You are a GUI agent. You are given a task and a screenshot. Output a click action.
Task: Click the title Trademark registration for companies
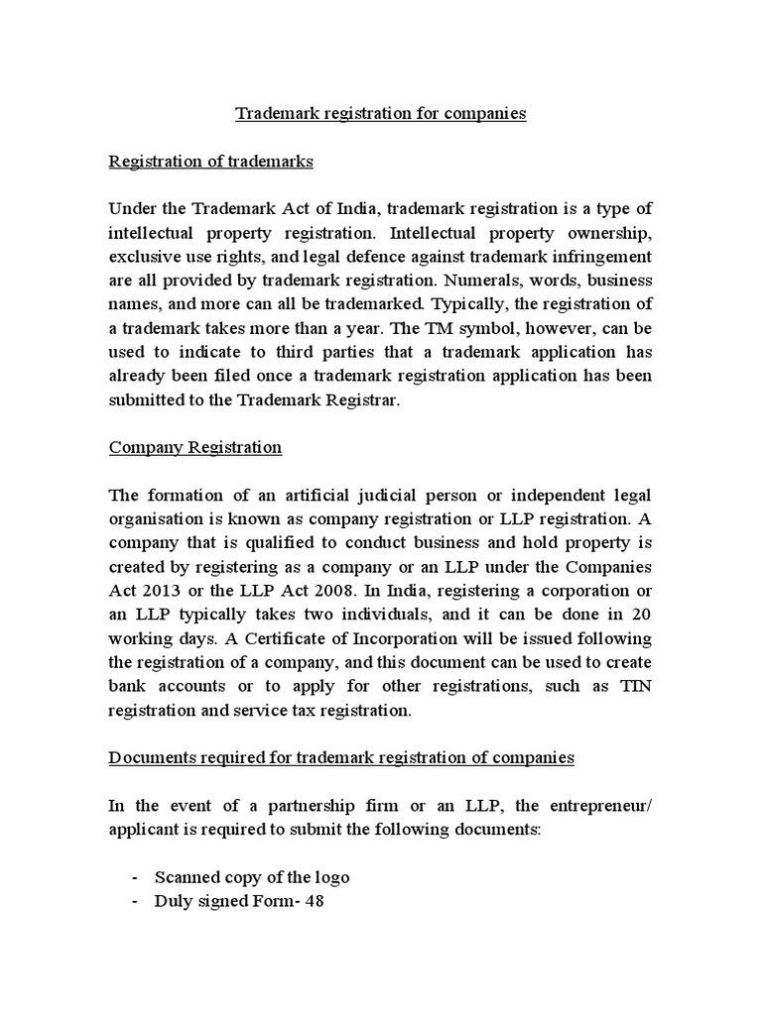380,113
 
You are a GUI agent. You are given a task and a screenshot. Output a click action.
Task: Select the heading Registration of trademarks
210,162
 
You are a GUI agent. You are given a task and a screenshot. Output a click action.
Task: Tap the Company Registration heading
194,447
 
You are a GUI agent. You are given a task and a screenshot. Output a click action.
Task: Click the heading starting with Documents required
341,757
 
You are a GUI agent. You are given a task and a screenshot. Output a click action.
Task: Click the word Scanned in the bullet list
186,877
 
